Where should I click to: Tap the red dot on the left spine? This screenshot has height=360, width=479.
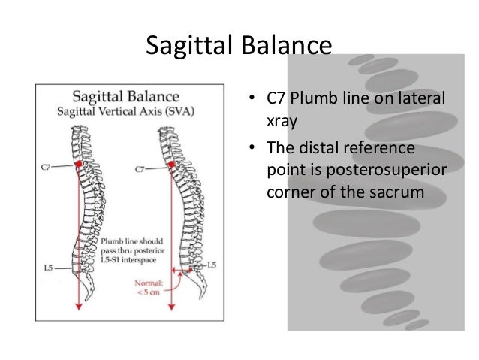tap(78, 163)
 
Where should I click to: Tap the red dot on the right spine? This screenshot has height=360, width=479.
tap(173, 163)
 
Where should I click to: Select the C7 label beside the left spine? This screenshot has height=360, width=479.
tap(47, 168)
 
